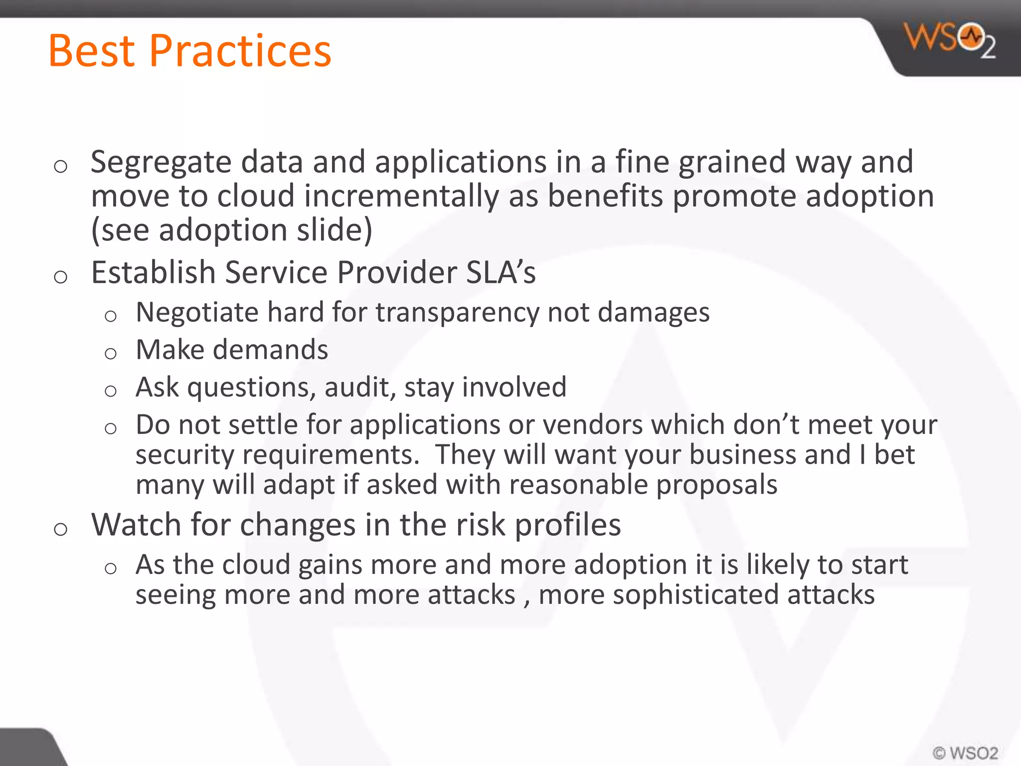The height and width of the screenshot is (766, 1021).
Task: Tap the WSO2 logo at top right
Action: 949,40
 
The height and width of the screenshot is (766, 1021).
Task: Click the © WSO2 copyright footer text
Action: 966,753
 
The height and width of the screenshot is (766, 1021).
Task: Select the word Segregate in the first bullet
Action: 161,163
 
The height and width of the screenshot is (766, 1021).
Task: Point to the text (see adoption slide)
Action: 231,230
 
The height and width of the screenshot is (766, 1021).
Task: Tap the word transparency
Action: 457,313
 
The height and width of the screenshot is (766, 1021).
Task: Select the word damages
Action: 653,313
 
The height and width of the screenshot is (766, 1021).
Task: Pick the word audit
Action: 356,387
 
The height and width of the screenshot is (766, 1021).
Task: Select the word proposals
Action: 716,485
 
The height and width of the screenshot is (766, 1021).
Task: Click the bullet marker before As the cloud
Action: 111,569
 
